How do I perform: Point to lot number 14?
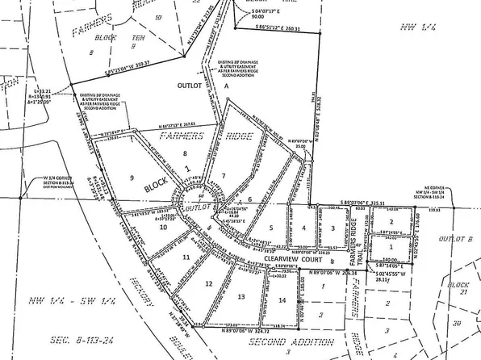pyautogui.click(x=281, y=300)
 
